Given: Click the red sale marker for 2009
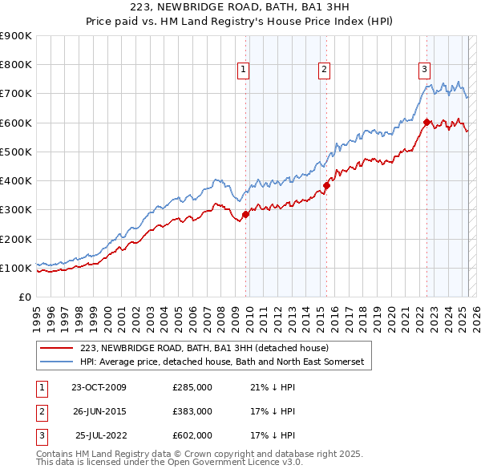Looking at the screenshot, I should tap(245, 214).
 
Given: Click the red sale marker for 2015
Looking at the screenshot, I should tap(326, 185).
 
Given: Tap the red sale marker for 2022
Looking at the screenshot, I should tap(426, 122).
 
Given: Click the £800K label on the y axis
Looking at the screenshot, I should tap(16, 65).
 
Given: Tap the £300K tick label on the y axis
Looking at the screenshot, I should tap(16, 210).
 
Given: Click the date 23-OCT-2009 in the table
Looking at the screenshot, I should tap(99, 387).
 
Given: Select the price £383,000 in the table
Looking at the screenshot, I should tap(192, 411).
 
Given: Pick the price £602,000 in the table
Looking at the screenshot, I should tap(192, 435).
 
